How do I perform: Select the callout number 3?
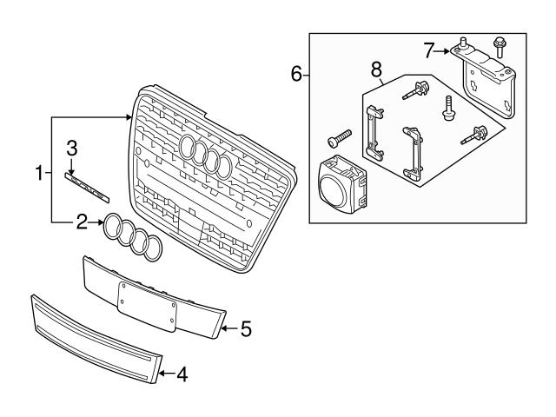point(73,147)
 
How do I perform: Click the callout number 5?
point(245,328)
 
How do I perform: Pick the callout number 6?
point(296,75)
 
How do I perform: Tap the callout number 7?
point(428,50)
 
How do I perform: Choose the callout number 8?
point(375,67)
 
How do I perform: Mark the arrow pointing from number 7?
point(442,50)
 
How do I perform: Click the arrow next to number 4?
point(168,375)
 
